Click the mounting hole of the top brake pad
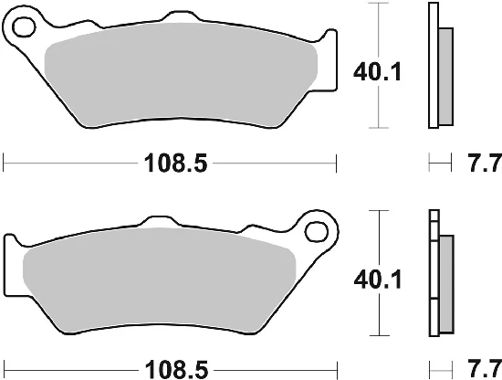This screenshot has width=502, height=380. [x=24, y=26]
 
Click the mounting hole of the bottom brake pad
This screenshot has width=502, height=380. [x=317, y=232]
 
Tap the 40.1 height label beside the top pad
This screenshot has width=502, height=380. [x=377, y=72]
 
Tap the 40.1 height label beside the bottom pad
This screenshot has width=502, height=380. [x=378, y=280]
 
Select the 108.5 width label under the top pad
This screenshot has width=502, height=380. [x=176, y=164]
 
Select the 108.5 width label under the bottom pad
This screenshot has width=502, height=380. [x=176, y=369]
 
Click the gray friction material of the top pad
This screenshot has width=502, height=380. [x=181, y=74]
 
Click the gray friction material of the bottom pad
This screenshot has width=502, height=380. [x=159, y=280]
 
